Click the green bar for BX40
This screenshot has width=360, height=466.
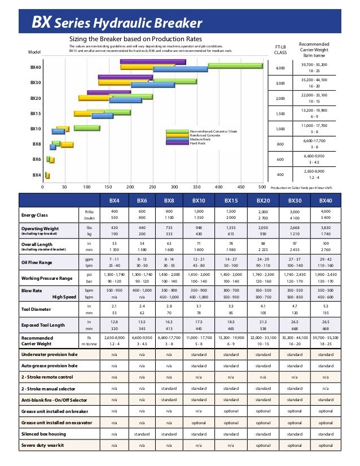tap(235, 65)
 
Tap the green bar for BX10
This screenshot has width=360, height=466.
tap(86, 128)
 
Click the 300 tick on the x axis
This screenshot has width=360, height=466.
tap(174, 186)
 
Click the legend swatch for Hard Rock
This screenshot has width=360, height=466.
tap(177, 143)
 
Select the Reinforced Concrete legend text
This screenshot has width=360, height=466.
tap(205, 135)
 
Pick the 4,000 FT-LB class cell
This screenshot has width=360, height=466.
tap(280, 68)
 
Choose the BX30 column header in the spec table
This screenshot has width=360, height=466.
tap(295, 200)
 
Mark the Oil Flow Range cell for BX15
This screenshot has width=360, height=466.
tap(231, 262)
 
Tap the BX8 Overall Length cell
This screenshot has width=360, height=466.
tap(169, 247)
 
